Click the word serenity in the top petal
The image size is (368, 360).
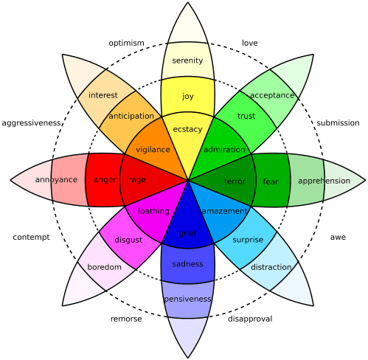[x=187, y=60]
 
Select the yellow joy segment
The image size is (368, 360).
[x=187, y=96]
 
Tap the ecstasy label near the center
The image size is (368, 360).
[x=187, y=129]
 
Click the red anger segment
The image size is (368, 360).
[x=105, y=180]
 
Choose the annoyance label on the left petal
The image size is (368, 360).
[x=56, y=180]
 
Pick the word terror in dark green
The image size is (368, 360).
[x=235, y=181]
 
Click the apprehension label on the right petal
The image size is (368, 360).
[x=324, y=181]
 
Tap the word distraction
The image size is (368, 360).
[x=271, y=267]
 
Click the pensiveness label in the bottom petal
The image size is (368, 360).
[x=187, y=299]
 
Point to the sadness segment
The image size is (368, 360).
[x=187, y=264]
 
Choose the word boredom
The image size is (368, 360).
[x=104, y=267]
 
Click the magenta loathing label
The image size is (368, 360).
[x=153, y=211]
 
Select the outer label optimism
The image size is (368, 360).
[x=126, y=43]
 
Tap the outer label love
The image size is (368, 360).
[x=249, y=43]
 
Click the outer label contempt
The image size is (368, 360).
[x=31, y=238]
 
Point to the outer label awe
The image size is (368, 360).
[x=338, y=238]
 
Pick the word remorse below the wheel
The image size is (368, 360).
[x=126, y=319]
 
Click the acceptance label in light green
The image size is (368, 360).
[x=272, y=95]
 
